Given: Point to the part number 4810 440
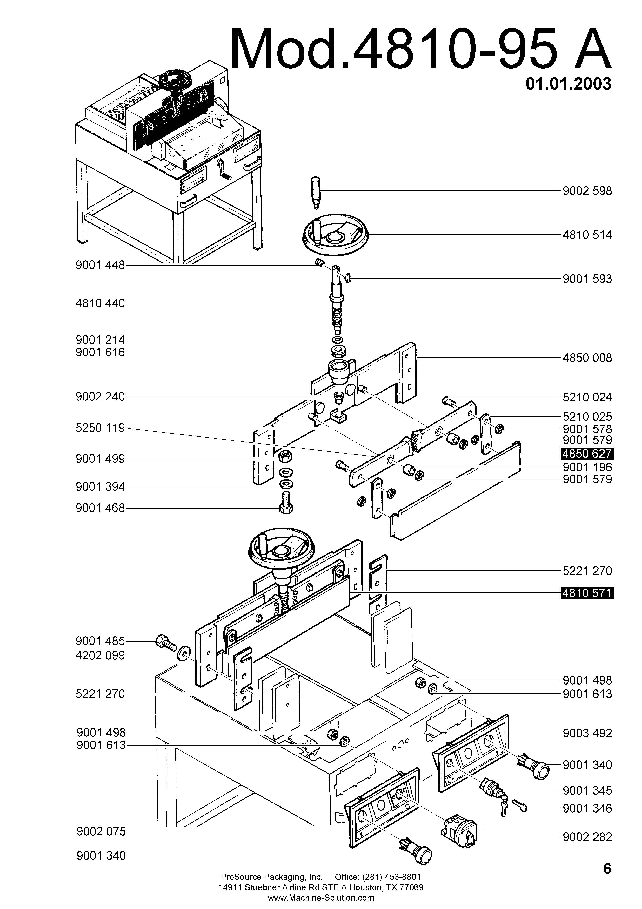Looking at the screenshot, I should [100, 304].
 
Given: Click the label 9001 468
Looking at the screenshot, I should [100, 508].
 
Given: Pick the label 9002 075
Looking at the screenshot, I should [101, 832].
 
